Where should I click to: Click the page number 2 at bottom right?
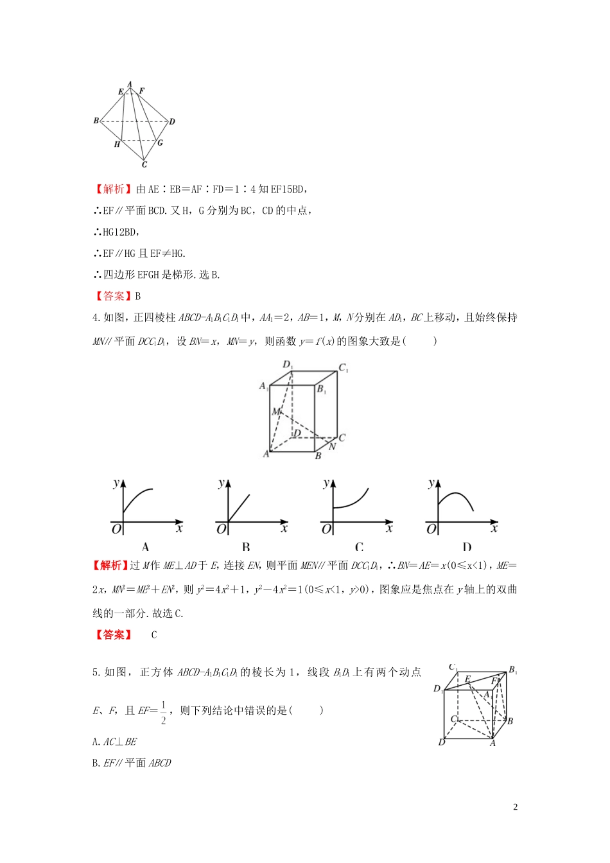(x=516, y=807)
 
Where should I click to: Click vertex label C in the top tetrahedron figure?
(x=144, y=165)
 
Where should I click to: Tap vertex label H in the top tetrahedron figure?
(x=117, y=144)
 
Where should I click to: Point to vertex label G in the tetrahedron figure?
(x=160, y=143)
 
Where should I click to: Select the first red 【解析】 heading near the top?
(x=113, y=189)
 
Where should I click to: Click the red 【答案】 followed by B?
(x=113, y=296)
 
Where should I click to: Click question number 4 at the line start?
(x=96, y=318)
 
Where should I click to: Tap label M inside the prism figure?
(x=275, y=411)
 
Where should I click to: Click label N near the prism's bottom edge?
(x=332, y=447)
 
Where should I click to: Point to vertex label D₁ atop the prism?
(x=288, y=365)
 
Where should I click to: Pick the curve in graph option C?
(x=352, y=501)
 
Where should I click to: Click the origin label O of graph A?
(x=116, y=529)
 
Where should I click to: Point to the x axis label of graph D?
(x=494, y=528)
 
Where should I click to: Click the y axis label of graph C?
(x=327, y=483)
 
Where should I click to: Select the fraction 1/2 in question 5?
(x=163, y=712)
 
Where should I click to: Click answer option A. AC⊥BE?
(x=115, y=742)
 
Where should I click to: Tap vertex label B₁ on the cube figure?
(x=513, y=670)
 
